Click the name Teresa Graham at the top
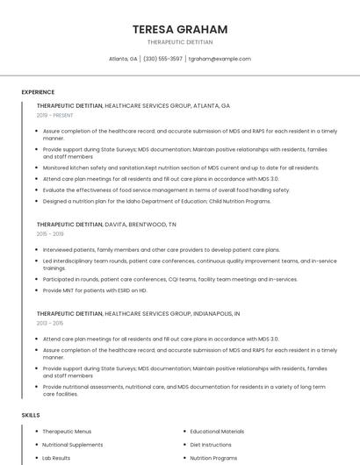point(179,29)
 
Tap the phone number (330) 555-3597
point(162,59)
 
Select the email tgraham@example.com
point(220,59)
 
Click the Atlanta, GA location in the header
point(122,59)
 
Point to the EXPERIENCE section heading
point(38,92)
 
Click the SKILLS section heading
point(31,414)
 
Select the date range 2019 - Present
point(54,115)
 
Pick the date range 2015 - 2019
point(50,234)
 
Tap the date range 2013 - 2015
point(50,322)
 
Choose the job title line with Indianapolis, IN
point(139,312)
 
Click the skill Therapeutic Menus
point(67,432)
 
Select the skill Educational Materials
point(217,432)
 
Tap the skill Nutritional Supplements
point(73,445)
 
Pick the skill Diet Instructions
point(211,445)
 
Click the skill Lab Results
point(56,458)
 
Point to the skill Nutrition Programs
point(213,458)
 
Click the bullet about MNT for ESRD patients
point(95,290)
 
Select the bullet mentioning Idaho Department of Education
point(156,201)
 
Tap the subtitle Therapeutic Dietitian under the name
point(179,42)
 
